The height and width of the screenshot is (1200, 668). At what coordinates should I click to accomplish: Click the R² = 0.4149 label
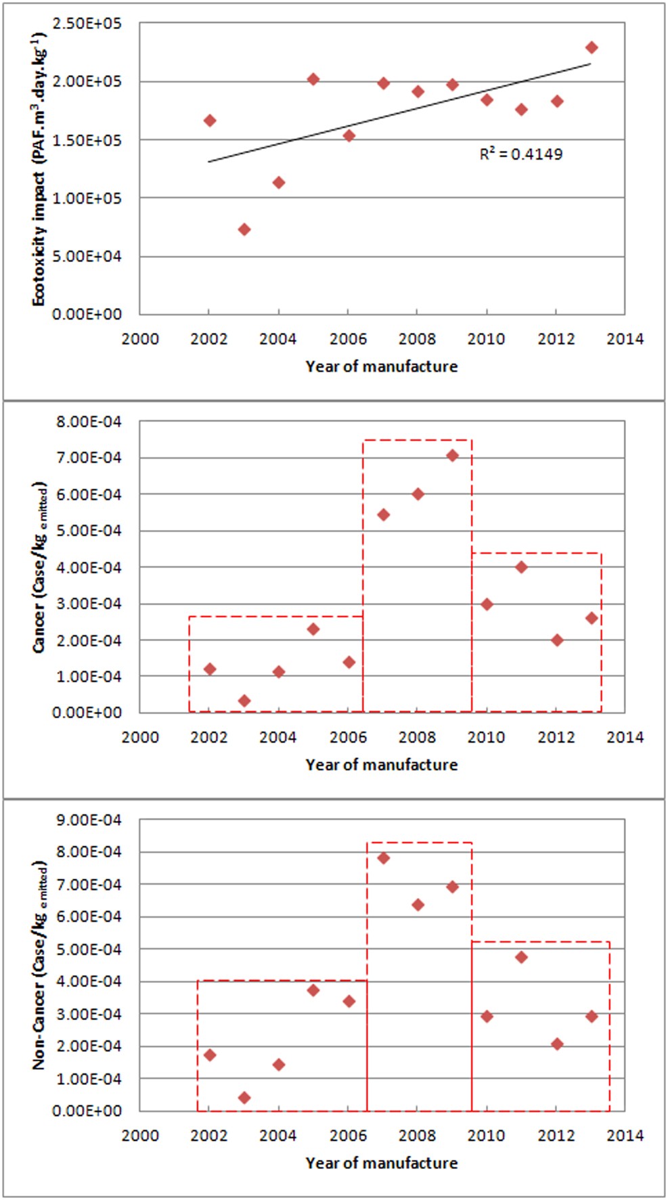click(520, 154)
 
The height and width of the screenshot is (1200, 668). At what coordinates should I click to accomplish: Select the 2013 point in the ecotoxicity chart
click(592, 47)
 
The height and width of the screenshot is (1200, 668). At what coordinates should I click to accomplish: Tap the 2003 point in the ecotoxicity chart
click(244, 229)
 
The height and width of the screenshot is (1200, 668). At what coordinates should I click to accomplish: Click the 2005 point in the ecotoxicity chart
click(313, 79)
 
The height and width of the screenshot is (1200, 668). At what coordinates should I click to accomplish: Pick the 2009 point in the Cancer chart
click(452, 455)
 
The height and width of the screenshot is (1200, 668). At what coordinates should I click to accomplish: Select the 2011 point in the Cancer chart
click(521, 567)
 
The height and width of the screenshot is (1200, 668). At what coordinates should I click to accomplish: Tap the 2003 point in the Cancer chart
click(244, 701)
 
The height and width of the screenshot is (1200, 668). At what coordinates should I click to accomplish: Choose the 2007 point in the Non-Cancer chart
click(383, 858)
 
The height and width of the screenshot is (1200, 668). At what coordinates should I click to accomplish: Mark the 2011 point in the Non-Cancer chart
click(521, 957)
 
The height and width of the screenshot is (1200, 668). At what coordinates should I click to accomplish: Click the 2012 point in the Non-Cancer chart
click(556, 1044)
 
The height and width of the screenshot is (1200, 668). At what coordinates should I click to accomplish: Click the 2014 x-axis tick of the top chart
click(624, 339)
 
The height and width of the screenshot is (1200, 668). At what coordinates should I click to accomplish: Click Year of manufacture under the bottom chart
click(381, 1163)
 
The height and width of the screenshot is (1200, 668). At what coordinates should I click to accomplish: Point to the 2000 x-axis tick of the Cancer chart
click(140, 737)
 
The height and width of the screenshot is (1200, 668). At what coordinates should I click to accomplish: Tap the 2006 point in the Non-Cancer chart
click(349, 1001)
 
